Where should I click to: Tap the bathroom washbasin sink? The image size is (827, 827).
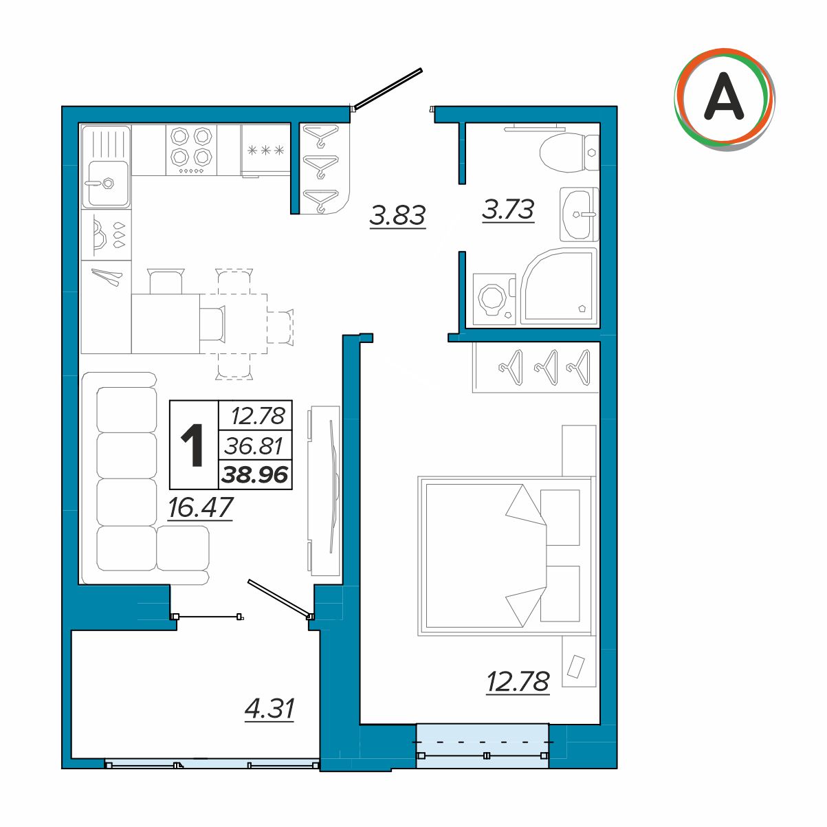[579, 214]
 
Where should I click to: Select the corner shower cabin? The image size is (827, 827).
[559, 286]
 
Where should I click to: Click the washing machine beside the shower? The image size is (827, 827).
[494, 299]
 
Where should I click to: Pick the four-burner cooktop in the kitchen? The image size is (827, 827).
[191, 150]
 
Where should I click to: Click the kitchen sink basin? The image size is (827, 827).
[107, 184]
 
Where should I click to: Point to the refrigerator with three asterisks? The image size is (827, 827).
[266, 151]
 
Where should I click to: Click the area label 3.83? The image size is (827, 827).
[397, 215]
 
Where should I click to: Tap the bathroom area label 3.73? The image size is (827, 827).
[508, 210]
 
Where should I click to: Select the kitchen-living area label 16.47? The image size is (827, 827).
[200, 507]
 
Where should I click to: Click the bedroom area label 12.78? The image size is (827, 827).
[518, 681]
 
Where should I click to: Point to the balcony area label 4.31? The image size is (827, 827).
[269, 709]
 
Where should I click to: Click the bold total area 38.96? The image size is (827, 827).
[255, 474]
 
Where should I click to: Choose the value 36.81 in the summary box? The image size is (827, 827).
[254, 446]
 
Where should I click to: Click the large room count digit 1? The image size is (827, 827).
[192, 445]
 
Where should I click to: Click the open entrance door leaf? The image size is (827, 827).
[388, 88]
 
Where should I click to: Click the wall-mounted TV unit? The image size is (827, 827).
[324, 491]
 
